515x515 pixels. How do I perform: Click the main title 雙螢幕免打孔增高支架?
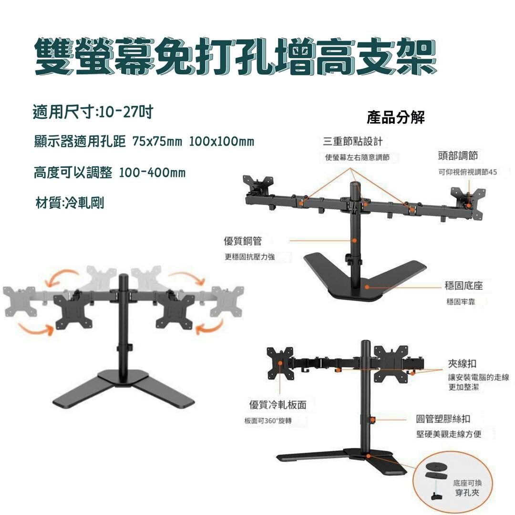point(236,58)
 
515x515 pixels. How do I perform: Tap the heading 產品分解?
point(395,117)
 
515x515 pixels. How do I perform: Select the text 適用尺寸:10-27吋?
point(93,113)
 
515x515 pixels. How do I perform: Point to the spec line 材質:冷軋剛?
point(70,203)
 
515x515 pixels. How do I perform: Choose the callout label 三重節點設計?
point(352,141)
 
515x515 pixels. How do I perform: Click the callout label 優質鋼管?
point(243,241)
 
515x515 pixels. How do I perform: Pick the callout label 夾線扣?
point(462,363)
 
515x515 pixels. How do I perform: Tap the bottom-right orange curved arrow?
point(210,327)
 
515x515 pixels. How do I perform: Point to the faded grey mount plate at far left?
point(19,301)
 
